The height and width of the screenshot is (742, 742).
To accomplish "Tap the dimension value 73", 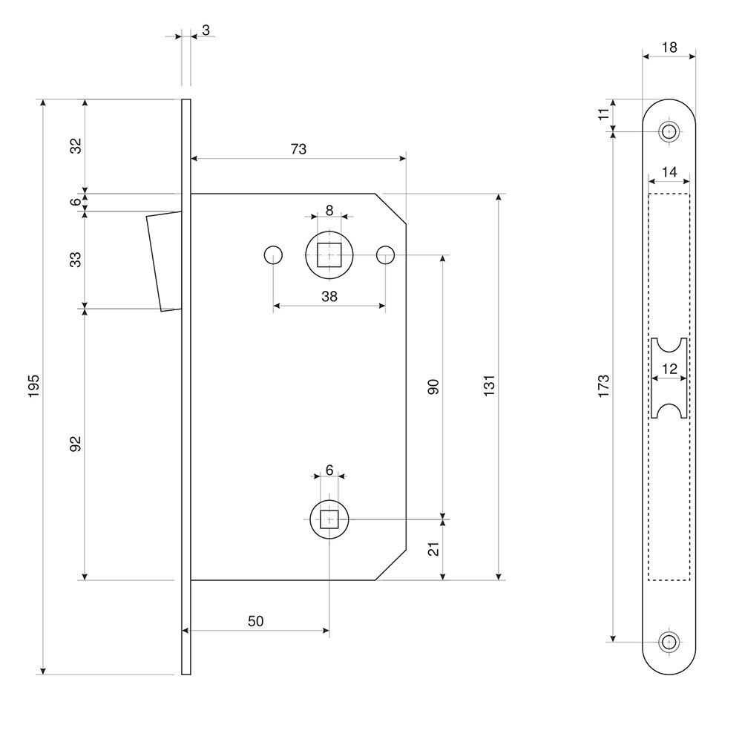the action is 298,149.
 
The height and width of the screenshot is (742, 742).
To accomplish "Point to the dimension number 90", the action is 434,386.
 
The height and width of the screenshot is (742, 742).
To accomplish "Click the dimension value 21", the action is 434,549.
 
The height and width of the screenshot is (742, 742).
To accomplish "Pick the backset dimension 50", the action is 255,621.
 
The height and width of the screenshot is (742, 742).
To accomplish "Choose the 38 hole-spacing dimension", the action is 329,296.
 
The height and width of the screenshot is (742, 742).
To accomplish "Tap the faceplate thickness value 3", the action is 205,30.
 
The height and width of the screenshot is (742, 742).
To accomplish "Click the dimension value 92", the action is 75,444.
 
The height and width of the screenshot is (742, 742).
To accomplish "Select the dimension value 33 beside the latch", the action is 75,259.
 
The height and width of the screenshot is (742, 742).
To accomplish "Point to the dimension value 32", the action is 75,145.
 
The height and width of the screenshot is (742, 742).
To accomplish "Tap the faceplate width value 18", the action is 669,47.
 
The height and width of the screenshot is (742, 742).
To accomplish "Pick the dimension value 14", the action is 669,172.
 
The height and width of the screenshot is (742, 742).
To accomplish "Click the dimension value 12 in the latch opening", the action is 669,369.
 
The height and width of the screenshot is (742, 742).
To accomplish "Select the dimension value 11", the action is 603,114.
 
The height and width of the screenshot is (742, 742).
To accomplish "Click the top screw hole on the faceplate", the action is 669,132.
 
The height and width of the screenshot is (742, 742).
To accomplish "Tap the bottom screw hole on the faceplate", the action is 669,641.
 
